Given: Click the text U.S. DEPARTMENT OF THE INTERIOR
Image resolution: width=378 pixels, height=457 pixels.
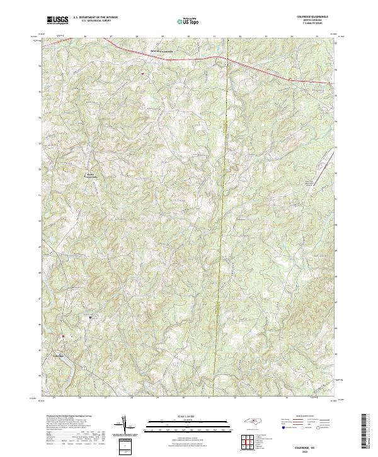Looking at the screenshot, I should coord(95,18).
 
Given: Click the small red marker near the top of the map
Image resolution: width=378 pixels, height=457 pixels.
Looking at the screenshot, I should coord(142,74).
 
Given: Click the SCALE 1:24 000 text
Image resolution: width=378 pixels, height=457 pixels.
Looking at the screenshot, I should coord(181,415).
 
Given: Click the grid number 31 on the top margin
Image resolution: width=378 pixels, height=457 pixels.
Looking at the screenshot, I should coord(214,37).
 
